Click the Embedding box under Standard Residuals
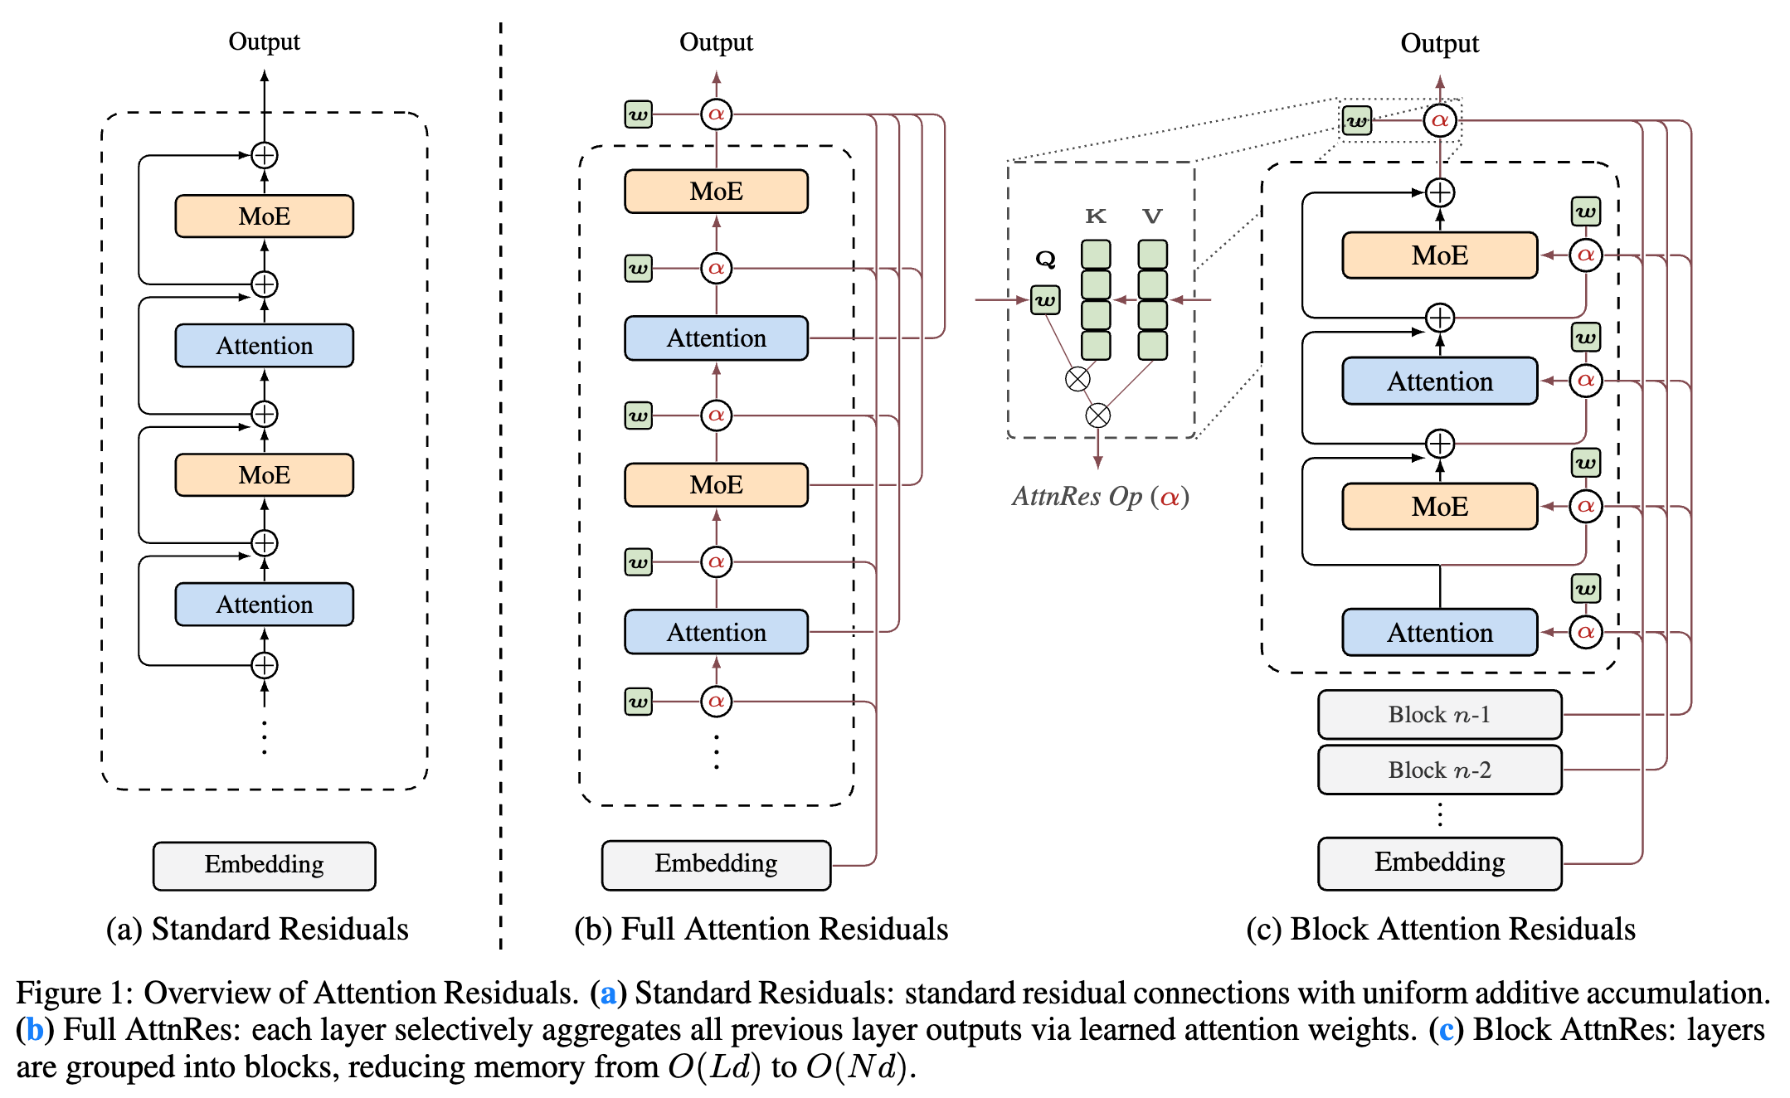(x=264, y=865)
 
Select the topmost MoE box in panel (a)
(x=264, y=216)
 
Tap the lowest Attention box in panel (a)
(x=264, y=605)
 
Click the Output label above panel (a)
(x=264, y=41)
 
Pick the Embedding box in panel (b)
(x=716, y=864)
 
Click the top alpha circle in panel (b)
(x=716, y=114)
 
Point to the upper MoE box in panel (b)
(x=716, y=192)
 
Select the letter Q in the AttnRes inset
(x=1045, y=259)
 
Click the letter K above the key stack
(x=1096, y=216)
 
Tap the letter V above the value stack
(x=1152, y=216)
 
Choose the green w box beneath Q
(x=1045, y=300)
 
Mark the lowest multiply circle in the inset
(x=1097, y=415)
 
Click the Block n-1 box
(x=1439, y=715)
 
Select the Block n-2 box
(x=1439, y=770)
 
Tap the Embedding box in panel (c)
(x=1439, y=862)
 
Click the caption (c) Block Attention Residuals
(x=1440, y=929)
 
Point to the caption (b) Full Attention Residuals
(x=761, y=929)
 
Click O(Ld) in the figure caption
(x=714, y=1067)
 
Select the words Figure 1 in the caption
(x=71, y=993)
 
